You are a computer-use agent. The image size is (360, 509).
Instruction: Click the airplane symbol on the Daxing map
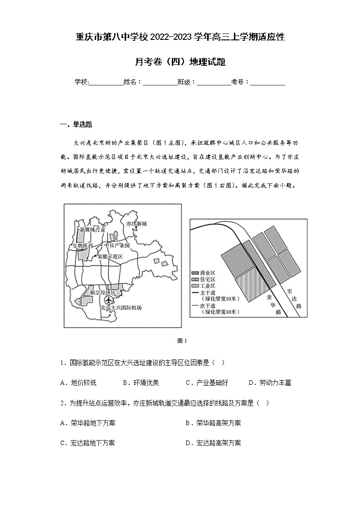coord(108,300)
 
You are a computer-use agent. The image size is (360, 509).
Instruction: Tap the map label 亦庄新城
coord(137,224)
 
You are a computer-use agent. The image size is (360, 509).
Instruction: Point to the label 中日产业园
coord(117,245)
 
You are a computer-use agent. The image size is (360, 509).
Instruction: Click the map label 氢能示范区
coord(110,256)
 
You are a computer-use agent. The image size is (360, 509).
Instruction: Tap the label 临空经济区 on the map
coord(103,292)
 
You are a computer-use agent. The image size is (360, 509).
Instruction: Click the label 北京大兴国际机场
coord(121,308)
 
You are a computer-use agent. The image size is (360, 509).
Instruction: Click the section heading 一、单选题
coord(76,125)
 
